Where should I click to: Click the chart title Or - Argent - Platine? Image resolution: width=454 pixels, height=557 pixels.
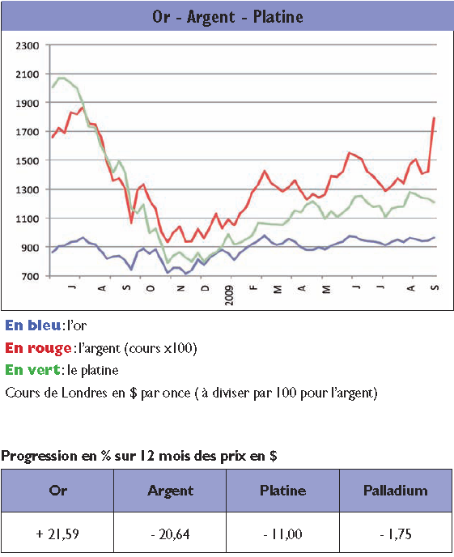coord(227,17)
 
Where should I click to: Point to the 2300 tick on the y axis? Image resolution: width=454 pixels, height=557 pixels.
coord(28,45)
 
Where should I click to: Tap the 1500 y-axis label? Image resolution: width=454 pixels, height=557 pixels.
coord(28,160)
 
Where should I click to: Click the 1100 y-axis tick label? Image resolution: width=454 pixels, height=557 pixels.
coord(28,219)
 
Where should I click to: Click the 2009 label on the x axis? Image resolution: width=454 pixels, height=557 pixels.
coord(229,295)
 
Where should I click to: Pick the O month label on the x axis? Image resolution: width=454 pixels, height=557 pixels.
coord(151,288)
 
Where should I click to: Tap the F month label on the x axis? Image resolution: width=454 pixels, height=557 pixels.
coord(253,287)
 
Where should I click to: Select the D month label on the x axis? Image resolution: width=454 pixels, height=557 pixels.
coord(206,288)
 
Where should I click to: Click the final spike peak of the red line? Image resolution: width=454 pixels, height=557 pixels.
coord(434,117)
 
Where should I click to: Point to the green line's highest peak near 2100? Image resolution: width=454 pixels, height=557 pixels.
coord(61,78)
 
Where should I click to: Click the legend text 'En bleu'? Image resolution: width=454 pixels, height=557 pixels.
coord(32,325)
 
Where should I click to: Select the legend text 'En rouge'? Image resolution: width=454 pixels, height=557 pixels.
coord(38,348)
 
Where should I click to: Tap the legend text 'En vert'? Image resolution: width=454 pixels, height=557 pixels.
coord(32,370)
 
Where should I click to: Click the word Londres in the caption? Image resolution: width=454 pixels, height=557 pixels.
coord(84,393)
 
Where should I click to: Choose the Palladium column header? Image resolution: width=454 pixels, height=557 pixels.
coord(396,491)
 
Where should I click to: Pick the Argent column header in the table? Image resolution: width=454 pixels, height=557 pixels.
coord(171,491)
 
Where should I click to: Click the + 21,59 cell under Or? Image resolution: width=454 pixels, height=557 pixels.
coord(57,534)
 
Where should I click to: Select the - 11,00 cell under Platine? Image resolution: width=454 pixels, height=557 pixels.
coord(283,534)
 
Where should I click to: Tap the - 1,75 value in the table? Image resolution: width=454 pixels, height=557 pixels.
coord(396,534)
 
